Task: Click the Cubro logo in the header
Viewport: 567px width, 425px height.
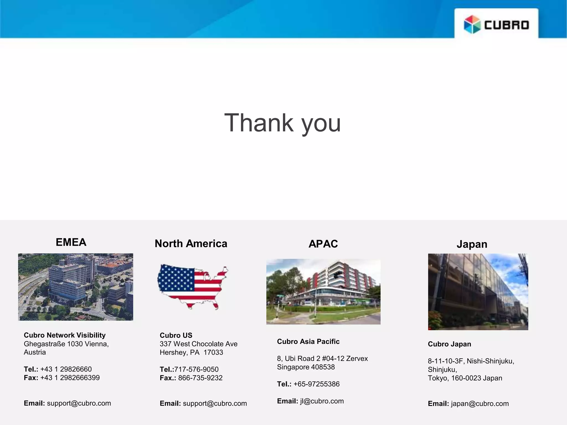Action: pos(496,24)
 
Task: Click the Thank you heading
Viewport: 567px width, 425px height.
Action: pos(282,123)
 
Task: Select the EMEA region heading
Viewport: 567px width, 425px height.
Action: pos(71,242)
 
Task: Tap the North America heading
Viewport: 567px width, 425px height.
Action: pos(191,243)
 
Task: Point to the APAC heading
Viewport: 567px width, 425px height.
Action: pos(323,244)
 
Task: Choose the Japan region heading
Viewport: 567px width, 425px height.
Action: pos(472,244)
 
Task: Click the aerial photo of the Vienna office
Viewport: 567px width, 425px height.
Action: pos(76,287)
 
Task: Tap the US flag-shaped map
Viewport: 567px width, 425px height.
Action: pos(192,286)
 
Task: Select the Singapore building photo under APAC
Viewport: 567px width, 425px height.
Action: pos(323,292)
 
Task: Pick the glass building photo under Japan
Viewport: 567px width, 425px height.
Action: pos(478,292)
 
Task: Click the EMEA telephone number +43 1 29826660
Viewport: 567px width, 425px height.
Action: pos(66,369)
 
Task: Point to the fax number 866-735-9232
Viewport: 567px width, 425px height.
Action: pos(200,378)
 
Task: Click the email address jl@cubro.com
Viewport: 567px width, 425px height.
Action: pos(322,401)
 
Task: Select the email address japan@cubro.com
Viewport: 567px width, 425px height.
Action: pos(480,403)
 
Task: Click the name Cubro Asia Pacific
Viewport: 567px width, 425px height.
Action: pos(308,341)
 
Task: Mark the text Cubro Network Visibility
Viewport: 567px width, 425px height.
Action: pos(65,335)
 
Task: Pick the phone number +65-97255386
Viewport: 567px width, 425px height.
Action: pos(316,384)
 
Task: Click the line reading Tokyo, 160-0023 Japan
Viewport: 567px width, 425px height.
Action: pos(465,378)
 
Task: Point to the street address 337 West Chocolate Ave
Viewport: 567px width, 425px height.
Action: pos(199,344)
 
